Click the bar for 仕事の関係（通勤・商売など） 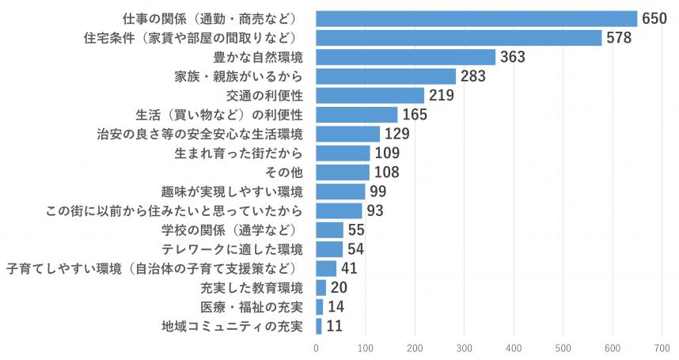476,19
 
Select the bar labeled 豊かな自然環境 405,57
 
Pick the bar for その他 343,172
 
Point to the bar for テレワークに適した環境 329,248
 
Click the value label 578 618,38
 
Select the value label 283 472,77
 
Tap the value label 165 415,115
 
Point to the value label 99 379,191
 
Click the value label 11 334,326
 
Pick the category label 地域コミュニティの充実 232,326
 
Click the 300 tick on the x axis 465,347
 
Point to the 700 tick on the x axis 662,347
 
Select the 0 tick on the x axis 316,347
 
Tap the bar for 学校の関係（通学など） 329,229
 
